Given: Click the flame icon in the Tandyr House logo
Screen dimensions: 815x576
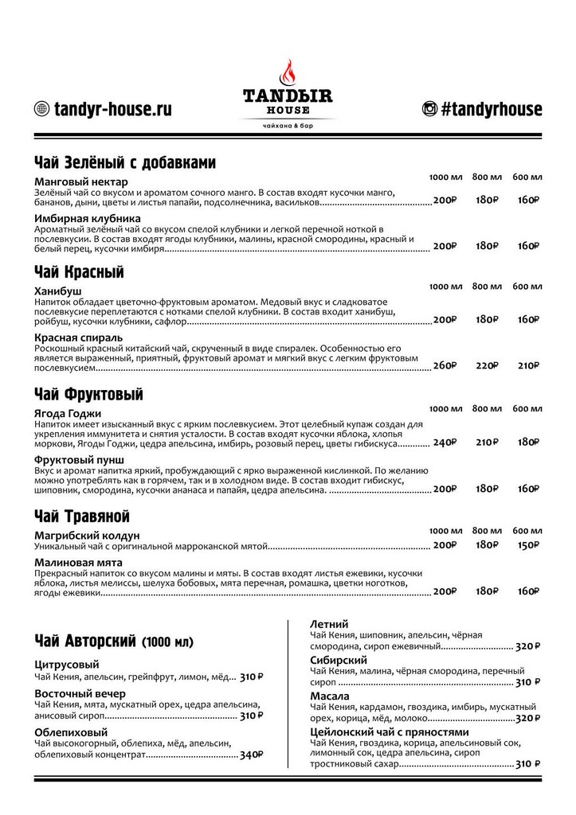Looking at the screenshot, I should (x=288, y=74).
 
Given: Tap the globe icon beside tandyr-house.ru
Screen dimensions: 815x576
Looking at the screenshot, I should (x=41, y=110).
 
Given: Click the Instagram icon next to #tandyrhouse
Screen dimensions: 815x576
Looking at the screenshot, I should (x=429, y=110).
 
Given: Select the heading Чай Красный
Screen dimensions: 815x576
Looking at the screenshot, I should (x=80, y=272).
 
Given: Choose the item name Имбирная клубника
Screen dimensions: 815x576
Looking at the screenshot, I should (x=88, y=218).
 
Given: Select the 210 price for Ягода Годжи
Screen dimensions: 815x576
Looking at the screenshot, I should (x=488, y=442).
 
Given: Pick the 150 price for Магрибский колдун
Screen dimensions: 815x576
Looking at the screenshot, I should (x=527, y=545).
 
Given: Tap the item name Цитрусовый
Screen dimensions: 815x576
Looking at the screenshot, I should (x=68, y=664).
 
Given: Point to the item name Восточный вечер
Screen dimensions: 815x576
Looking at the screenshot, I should (x=80, y=693).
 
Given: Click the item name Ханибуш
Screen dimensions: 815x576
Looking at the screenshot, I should (x=58, y=291).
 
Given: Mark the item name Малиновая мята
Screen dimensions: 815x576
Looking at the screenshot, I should (x=77, y=562).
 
